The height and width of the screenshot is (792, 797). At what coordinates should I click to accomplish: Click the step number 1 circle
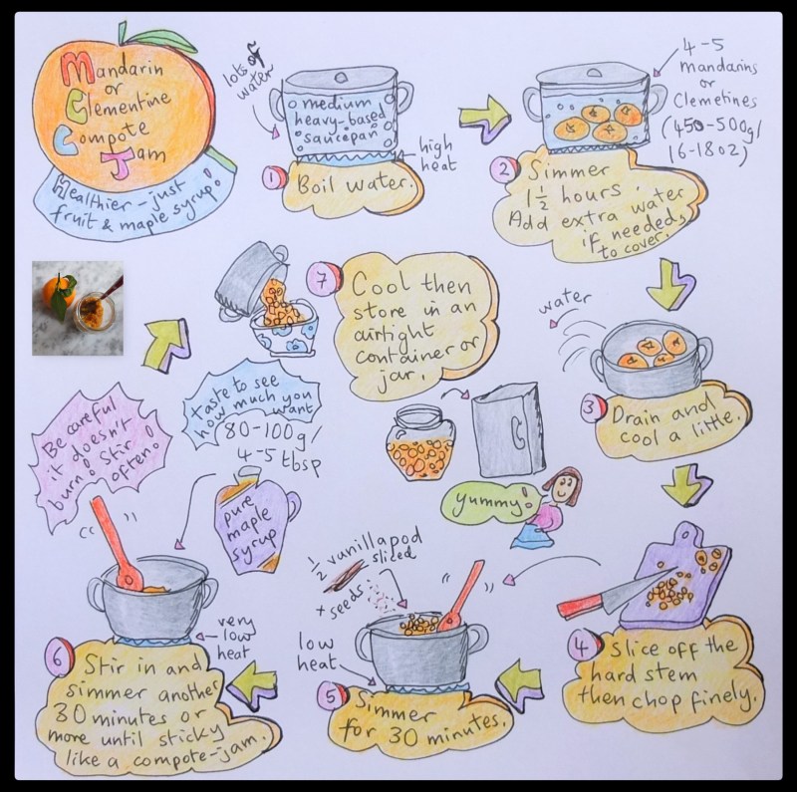pos(272,179)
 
